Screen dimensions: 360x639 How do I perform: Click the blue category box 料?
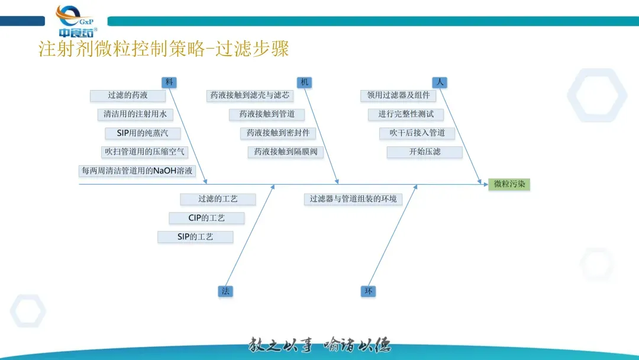tap(169, 82)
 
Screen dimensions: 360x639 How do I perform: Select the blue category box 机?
tap(304, 82)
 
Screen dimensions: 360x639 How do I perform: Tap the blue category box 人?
tap(439, 82)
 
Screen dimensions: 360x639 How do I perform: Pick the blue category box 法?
tap(225, 291)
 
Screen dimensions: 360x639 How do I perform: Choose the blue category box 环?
tap(368, 291)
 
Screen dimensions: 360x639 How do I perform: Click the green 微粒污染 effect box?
tap(509, 184)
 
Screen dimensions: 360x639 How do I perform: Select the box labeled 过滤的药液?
tap(128, 95)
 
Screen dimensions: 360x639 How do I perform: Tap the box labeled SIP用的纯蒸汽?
tap(143, 133)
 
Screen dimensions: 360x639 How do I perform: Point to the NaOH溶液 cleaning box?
tap(137, 171)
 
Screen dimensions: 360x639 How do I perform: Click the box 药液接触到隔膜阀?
tap(286, 152)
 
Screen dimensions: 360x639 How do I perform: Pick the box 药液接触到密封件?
tap(278, 133)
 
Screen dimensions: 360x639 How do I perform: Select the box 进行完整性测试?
tap(406, 114)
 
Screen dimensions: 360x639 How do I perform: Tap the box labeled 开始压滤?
tap(425, 152)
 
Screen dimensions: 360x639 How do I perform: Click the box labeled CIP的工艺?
tap(206, 218)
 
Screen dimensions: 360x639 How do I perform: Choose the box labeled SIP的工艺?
tap(195, 237)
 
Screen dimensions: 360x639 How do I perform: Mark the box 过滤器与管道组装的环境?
tap(353, 199)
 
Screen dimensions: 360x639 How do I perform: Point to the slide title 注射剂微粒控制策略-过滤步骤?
tap(164, 49)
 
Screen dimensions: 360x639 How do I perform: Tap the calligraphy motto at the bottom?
tap(319, 345)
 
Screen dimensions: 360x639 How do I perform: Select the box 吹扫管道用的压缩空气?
tap(144, 152)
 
